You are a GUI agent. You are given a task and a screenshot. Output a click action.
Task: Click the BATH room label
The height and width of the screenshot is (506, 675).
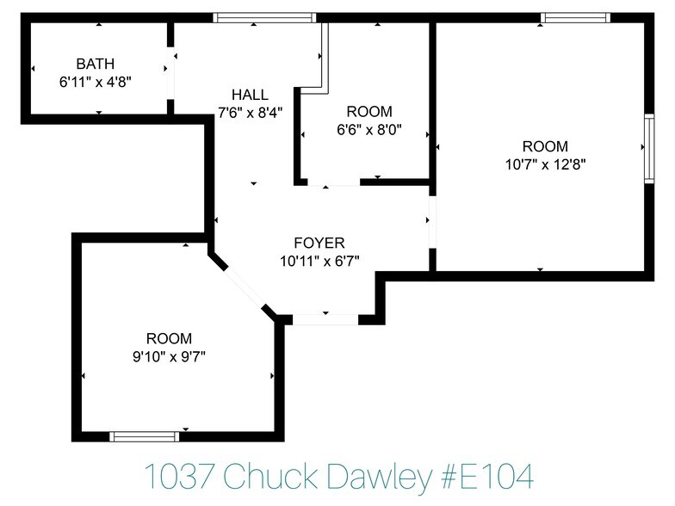[x=95, y=64]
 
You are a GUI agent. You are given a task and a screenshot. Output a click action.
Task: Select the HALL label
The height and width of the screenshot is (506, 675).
[x=250, y=95]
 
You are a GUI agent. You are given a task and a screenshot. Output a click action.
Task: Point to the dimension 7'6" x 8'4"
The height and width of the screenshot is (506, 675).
[x=250, y=112]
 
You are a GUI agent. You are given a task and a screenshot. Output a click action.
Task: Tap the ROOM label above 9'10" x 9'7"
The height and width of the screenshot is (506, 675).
[x=169, y=338]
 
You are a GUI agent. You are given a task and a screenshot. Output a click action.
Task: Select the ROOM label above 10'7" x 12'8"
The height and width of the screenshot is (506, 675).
[x=545, y=145]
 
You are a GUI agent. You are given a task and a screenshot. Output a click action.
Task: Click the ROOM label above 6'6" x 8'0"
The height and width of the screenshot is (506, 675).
[x=368, y=112]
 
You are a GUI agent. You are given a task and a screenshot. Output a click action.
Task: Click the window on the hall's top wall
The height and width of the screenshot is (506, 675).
[x=264, y=17]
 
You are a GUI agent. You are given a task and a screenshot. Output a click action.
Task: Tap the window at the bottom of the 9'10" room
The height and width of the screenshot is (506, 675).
[x=145, y=436]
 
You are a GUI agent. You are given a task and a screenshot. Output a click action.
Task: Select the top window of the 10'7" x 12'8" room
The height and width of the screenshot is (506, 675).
[x=575, y=17]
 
